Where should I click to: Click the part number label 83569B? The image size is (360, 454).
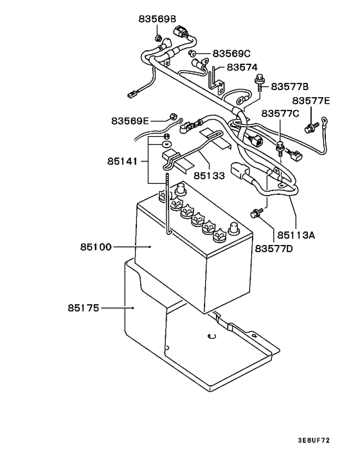(x=156, y=19)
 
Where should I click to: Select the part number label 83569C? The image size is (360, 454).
(x=231, y=53)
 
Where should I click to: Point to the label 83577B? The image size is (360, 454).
(x=290, y=86)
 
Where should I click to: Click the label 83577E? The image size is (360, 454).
(x=311, y=101)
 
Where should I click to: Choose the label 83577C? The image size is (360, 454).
(x=280, y=114)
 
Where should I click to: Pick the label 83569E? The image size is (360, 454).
(x=130, y=120)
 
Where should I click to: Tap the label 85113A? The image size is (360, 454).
(x=296, y=235)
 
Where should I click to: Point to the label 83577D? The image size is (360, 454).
(x=274, y=248)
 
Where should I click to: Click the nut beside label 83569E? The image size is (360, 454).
(x=172, y=116)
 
